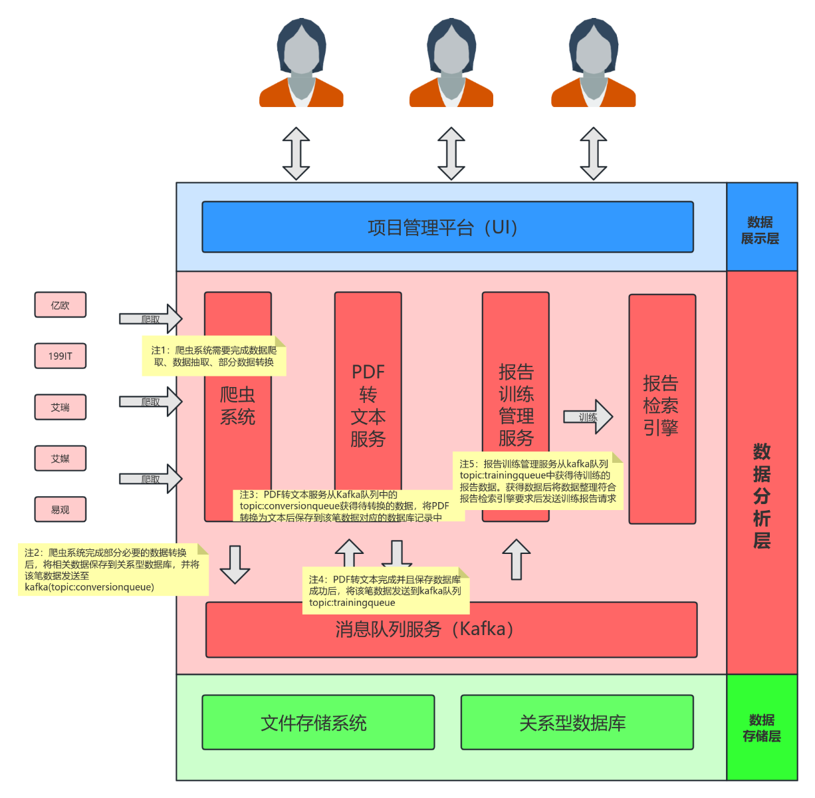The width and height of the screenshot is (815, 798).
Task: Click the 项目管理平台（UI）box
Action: pos(447,227)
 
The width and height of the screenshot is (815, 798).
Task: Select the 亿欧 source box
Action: pos(60,305)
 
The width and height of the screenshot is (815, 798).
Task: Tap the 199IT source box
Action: pos(60,356)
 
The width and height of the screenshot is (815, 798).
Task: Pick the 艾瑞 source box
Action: pos(60,407)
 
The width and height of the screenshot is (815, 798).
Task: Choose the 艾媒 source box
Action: pos(60,458)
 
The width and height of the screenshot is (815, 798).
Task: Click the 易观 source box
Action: pos(60,509)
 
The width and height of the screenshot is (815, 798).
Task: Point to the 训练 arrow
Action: pos(588,417)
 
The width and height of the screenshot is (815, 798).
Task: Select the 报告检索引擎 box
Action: pos(661,406)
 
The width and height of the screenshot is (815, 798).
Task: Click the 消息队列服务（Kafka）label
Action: pos(424,629)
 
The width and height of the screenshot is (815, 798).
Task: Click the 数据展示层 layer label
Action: pos(760,230)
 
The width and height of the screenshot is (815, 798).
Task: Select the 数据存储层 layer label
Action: pos(762,728)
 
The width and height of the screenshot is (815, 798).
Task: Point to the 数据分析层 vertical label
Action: pos(762,495)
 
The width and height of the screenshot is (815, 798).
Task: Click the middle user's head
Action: pos(451,50)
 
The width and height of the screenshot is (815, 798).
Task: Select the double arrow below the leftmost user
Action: pos(296,154)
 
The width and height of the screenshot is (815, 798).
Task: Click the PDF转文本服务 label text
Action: pos(368,405)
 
